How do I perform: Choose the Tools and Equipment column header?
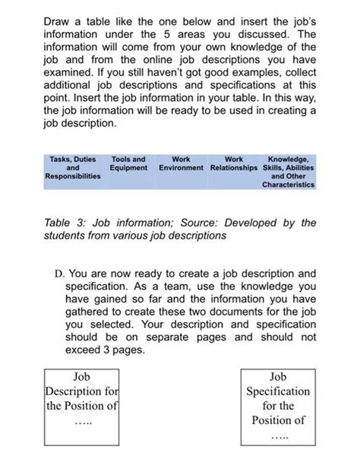click(128, 163)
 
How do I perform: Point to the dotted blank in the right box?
click(276, 438)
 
